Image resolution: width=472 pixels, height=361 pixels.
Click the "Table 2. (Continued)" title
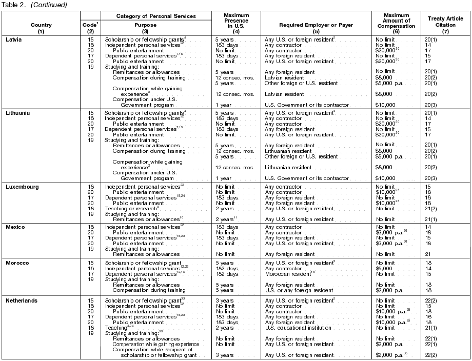33,5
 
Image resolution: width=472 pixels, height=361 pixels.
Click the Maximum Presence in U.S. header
236,24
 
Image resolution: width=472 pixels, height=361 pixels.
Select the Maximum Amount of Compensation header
396,24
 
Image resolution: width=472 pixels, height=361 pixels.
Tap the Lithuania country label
18,113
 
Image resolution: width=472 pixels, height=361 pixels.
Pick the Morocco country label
17,263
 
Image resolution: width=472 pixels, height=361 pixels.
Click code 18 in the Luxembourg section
90,208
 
